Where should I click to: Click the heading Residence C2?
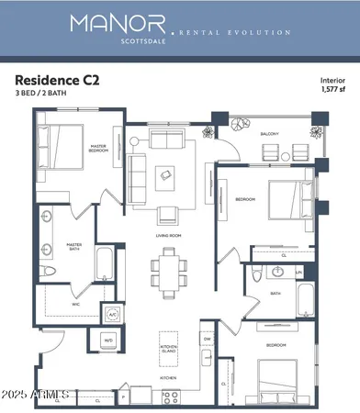click(x=56, y=80)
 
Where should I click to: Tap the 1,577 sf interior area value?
click(x=332, y=91)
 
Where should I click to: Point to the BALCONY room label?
click(x=269, y=134)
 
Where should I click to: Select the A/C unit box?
click(x=113, y=314)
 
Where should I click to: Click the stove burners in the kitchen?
click(x=171, y=396)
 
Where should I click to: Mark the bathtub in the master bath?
click(x=104, y=266)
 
